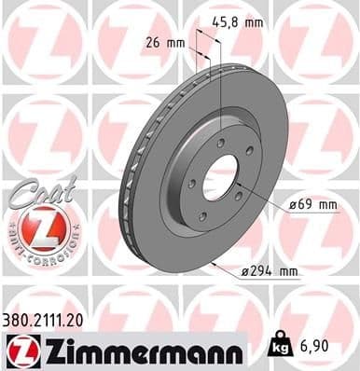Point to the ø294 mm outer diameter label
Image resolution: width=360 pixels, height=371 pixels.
(270, 271)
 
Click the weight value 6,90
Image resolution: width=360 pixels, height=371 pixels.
(315, 347)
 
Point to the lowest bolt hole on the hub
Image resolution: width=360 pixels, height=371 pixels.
(201, 216)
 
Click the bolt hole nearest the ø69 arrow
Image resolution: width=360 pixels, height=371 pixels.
(238, 194)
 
